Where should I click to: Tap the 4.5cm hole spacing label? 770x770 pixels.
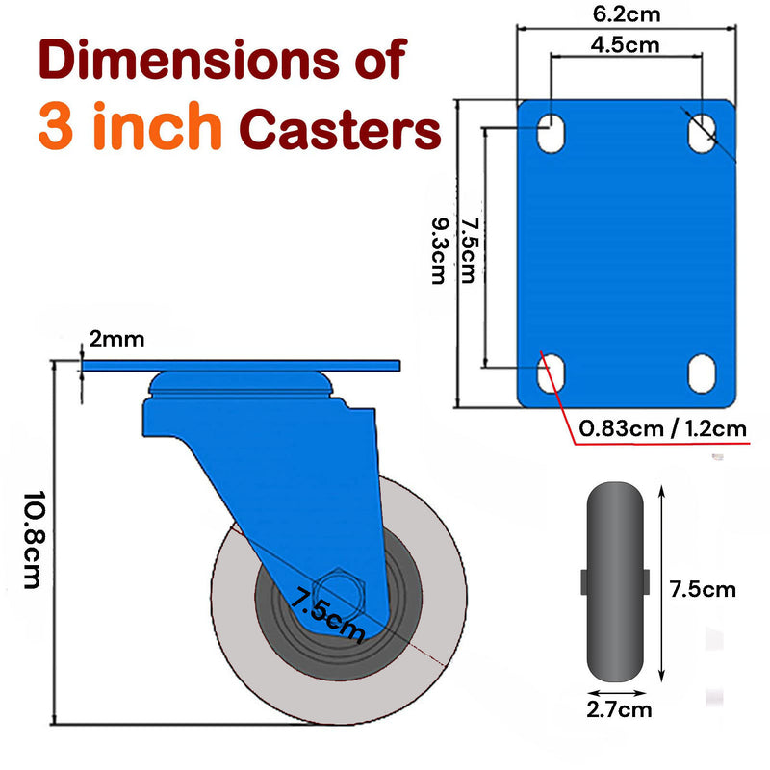625,43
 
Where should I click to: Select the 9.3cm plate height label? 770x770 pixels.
438,250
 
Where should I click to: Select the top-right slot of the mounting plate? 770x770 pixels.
702,131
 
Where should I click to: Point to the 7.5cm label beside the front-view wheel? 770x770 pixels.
703,588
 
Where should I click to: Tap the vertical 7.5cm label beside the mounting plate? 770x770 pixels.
468,250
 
